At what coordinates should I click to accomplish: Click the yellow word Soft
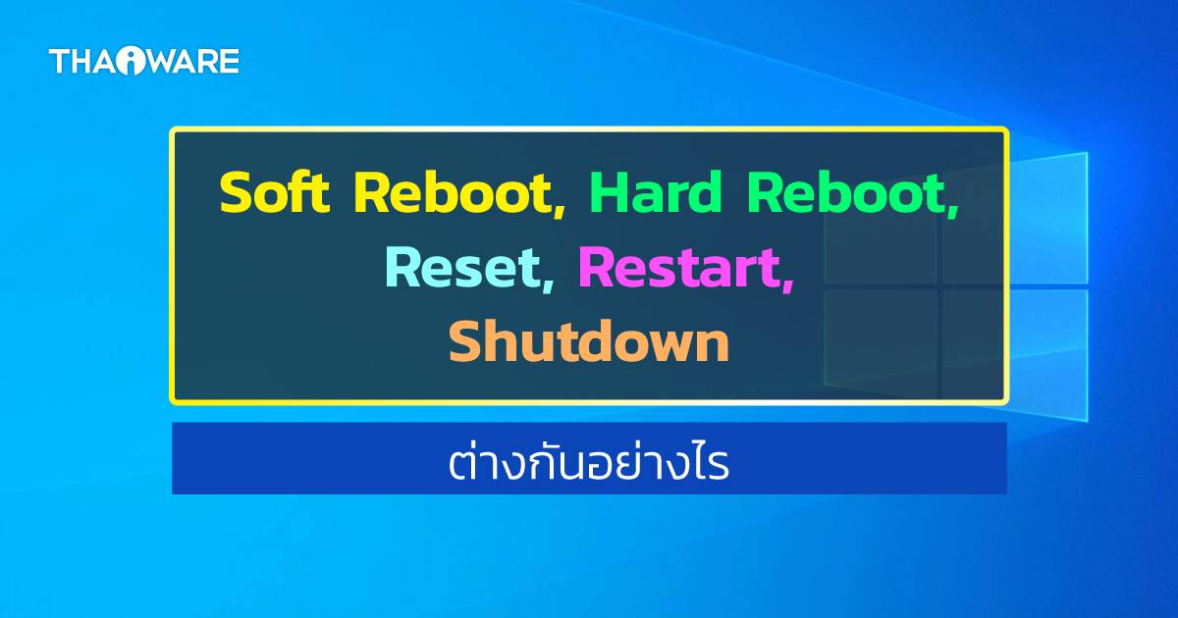tap(274, 193)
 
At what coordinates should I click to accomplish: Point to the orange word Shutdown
tap(589, 340)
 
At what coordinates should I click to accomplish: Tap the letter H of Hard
tap(608, 193)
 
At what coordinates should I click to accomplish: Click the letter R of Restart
tap(597, 267)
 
